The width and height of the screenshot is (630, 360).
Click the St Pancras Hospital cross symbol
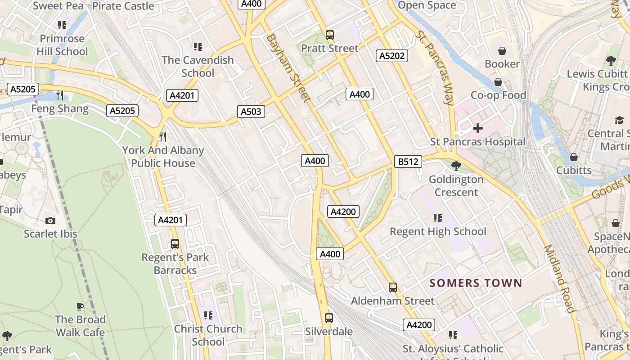[478, 129]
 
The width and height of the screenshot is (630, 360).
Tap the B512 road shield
[408, 162]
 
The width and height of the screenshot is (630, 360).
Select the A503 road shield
[251, 112]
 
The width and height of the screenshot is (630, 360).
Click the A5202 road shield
[392, 56]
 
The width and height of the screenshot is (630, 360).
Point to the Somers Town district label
[476, 283]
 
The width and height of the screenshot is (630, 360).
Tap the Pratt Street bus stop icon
[330, 35]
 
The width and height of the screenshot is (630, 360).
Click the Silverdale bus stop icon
[329, 318]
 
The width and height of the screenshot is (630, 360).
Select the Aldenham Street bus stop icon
[393, 288]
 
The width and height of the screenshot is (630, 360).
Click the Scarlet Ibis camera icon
[50, 220]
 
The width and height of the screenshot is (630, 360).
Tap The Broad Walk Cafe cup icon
[80, 306]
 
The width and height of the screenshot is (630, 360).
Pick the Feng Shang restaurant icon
[60, 95]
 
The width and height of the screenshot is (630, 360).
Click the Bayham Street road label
[288, 67]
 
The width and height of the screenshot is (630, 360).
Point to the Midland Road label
[559, 279]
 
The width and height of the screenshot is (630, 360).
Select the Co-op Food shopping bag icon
[498, 82]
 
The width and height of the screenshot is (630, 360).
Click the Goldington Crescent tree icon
[456, 166]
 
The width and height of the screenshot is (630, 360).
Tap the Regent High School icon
[438, 218]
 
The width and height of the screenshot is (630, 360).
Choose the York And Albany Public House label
[163, 157]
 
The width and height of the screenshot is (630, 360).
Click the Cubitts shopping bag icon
[574, 157]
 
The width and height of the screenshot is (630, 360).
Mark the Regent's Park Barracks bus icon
[175, 244]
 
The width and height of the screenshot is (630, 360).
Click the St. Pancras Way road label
[435, 67]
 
